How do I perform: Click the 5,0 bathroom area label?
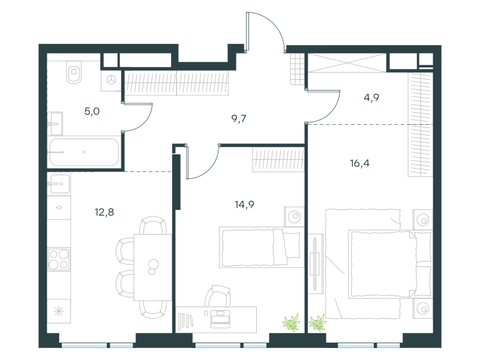(x=92, y=111)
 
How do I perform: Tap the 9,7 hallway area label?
(x=239, y=118)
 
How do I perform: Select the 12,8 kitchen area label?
(x=104, y=212)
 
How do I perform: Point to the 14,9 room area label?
(x=244, y=204)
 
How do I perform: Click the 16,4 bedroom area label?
(x=359, y=163)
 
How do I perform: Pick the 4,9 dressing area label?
(x=371, y=97)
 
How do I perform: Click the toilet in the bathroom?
(x=74, y=71)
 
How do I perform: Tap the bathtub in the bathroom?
(x=84, y=152)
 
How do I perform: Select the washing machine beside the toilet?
(x=111, y=80)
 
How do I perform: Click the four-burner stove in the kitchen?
(x=59, y=259)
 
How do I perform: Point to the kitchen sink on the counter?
(x=59, y=184)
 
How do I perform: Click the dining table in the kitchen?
(x=153, y=267)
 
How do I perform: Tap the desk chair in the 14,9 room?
(x=218, y=296)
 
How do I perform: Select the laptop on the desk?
(x=220, y=320)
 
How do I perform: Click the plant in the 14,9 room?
(x=292, y=323)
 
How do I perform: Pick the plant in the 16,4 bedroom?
(x=317, y=323)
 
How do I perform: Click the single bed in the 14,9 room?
(x=262, y=247)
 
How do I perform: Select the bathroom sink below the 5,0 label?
(x=55, y=124)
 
